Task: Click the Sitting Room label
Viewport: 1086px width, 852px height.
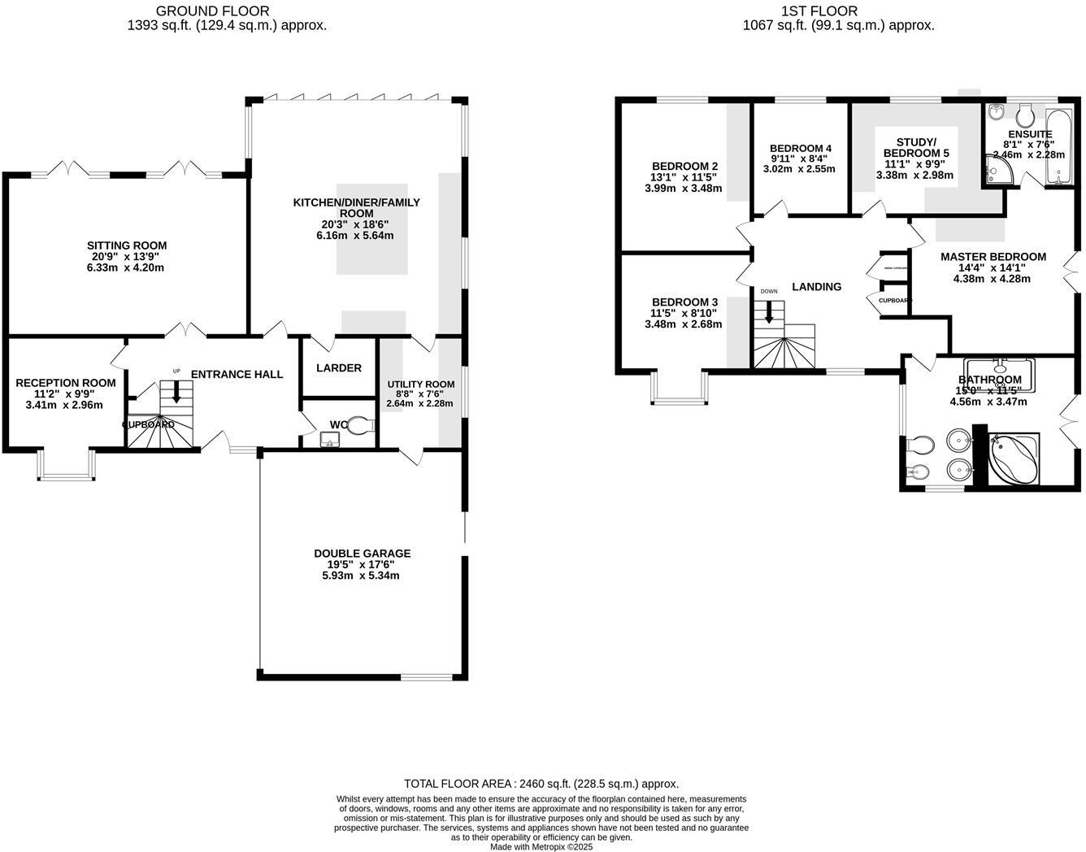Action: [x=127, y=246]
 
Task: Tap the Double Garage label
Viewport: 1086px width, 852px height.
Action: [x=362, y=554]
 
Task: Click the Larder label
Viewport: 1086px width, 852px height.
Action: [x=339, y=368]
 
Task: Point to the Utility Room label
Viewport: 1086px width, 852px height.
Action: [x=420, y=385]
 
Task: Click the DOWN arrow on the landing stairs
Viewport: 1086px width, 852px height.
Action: [x=768, y=312]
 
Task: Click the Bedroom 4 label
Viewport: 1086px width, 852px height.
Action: [x=800, y=148]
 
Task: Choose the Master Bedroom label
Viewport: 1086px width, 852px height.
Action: [x=993, y=257]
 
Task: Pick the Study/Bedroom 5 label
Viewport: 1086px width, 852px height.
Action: [x=915, y=147]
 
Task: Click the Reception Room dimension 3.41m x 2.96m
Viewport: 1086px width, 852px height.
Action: [x=65, y=404]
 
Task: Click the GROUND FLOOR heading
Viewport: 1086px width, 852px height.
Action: [x=214, y=11]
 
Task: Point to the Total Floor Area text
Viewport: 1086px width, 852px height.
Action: [x=541, y=784]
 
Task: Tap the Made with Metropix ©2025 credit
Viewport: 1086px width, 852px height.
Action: [x=541, y=846]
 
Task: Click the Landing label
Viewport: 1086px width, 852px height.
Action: [x=816, y=286]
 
